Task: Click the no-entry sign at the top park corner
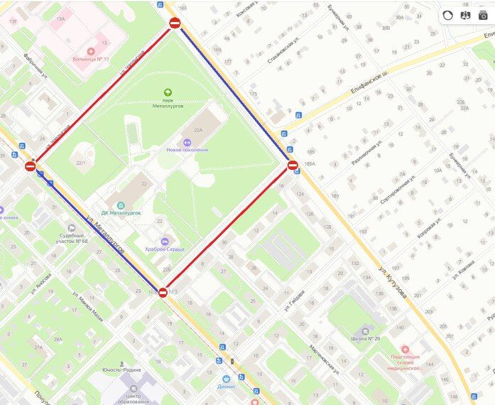175,23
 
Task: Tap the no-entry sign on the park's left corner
30,166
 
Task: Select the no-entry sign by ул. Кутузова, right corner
293,166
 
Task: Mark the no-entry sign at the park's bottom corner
163,292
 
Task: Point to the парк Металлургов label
168,104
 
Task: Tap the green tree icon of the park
168,92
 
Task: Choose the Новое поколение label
187,150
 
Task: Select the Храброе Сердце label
165,249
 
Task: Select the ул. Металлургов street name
105,234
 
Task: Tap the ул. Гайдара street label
294,300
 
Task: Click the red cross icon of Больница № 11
90,51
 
